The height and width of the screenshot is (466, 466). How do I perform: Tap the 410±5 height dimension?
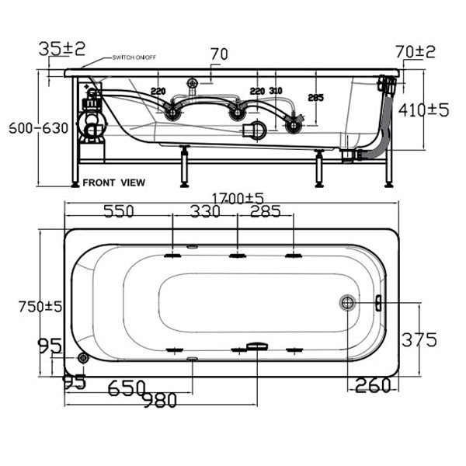pos(424,110)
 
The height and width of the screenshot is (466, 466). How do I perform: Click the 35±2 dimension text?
pos(62,49)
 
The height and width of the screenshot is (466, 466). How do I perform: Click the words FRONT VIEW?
pos(115,183)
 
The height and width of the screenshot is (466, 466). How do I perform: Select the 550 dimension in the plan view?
pos(115,211)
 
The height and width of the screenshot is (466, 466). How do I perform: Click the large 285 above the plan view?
pos(264,211)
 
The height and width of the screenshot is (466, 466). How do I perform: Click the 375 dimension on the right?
pos(419,339)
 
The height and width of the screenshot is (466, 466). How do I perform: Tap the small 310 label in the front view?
pos(276,91)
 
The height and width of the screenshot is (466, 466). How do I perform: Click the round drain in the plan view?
pos(347,302)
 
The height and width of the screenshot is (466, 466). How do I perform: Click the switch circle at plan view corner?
pos(83,358)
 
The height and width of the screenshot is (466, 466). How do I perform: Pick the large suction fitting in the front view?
pos(253,130)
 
